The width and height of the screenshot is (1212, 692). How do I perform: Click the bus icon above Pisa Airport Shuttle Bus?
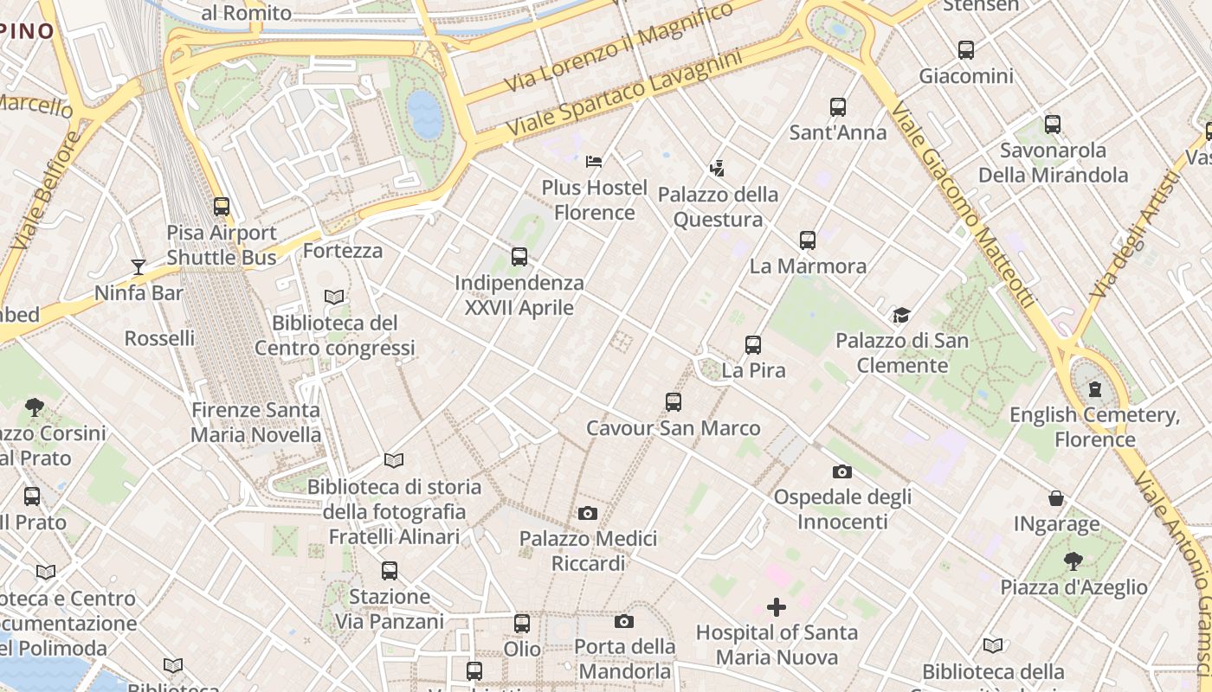coord(222,207)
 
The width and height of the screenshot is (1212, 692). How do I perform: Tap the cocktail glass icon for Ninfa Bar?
coord(139,266)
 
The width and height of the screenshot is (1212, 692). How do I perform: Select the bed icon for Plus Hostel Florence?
coord(594,161)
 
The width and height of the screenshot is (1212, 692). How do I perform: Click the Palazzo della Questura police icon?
coord(717,167)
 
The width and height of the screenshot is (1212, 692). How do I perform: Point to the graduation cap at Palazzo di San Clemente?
coord(902,315)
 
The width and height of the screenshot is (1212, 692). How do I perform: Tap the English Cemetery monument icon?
coord(1095,388)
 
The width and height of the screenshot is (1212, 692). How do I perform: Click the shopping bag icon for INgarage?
coord(1056,498)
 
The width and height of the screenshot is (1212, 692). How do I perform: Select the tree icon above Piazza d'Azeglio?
coord(1073,561)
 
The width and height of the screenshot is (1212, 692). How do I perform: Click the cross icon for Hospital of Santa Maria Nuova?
coord(777,607)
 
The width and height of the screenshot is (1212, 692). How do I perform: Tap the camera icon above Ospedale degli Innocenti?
coord(841,471)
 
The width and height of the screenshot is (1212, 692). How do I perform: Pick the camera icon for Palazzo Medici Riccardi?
coord(588,513)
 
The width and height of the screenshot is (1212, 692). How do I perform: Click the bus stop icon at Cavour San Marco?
coord(674,401)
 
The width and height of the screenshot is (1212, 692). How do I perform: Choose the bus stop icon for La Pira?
coord(753,345)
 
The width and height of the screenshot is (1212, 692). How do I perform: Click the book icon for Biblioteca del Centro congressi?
coord(334,297)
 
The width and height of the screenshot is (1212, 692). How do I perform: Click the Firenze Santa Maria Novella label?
coord(255,422)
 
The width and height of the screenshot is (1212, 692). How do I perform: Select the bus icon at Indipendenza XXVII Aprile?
coord(519,256)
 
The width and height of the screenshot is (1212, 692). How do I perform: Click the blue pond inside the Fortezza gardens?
coord(425,114)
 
